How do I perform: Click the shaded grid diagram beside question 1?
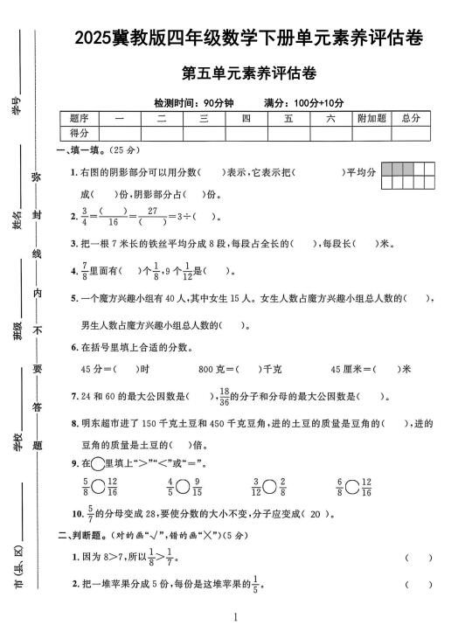[x=408, y=175]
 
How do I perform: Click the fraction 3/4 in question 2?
[x=85, y=215]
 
